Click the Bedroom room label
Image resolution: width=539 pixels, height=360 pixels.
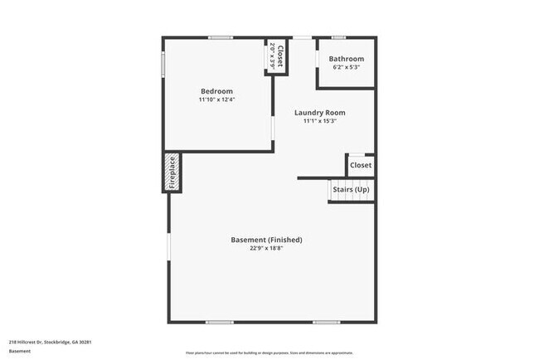[x=216, y=91]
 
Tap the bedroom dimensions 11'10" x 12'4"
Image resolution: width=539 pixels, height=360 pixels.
[x=216, y=100]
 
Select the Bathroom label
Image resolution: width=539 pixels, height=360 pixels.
[x=346, y=59]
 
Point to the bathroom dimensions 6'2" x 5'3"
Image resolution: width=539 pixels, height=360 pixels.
[x=346, y=67]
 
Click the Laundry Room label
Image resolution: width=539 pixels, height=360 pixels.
[x=320, y=113]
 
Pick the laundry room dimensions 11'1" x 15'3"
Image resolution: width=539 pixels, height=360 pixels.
[x=320, y=121]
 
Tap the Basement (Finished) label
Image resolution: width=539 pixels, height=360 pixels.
[x=266, y=240]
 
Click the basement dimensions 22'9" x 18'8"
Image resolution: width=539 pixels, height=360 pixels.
[x=266, y=248]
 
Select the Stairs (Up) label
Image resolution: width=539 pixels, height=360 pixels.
[x=352, y=190]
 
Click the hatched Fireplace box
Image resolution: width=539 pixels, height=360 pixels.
[x=172, y=173]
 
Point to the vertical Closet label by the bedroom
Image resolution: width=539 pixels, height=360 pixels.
[x=280, y=56]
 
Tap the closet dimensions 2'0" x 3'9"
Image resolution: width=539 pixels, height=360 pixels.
[x=272, y=56]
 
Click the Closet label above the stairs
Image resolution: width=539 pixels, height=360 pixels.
[x=361, y=165]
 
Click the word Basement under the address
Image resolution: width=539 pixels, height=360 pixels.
[x=20, y=351]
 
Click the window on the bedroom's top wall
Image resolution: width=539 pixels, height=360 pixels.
[x=221, y=37]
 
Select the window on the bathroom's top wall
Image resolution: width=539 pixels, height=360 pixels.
[x=338, y=37]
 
